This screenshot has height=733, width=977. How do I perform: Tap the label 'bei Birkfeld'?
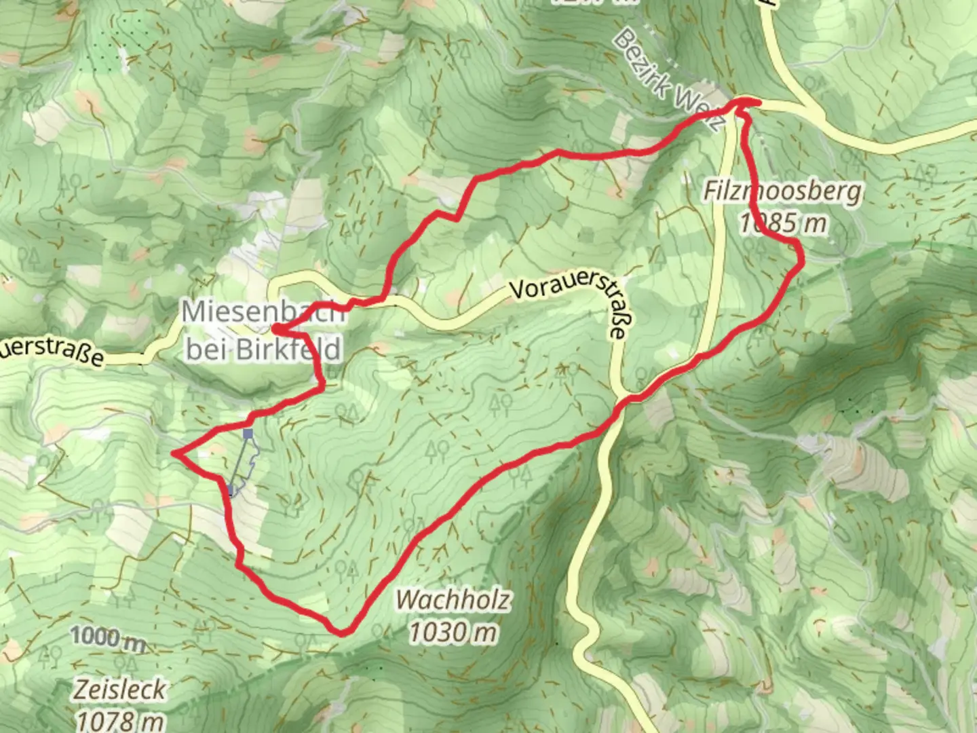[263, 350]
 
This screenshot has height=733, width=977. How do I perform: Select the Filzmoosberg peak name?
[782, 191]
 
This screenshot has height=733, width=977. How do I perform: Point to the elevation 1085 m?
[783, 223]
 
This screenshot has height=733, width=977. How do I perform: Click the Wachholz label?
[453, 600]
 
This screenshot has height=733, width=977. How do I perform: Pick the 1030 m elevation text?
[453, 633]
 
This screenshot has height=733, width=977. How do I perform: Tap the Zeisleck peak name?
[119, 690]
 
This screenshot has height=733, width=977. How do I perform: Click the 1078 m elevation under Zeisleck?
[119, 719]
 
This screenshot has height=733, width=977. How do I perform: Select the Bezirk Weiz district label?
[668, 80]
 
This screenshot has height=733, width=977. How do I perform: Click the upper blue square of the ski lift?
[248, 433]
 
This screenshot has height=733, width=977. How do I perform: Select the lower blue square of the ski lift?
[231, 489]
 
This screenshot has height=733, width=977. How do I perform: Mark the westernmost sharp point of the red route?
[175, 453]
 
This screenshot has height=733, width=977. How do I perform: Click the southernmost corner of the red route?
[342, 633]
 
